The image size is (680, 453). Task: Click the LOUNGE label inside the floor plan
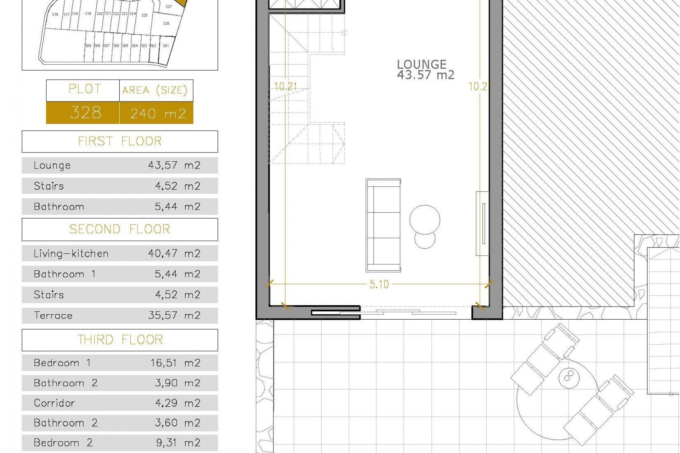[421, 64]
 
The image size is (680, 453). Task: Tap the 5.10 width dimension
[379, 284]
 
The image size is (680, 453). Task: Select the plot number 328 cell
[85, 113]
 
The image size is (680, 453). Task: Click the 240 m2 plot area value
[158, 114]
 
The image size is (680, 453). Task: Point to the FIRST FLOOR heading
[120, 141]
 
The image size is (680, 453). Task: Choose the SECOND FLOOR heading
[120, 229]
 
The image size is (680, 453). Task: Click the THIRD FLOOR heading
[120, 340]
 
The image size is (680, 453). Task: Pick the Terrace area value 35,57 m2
[174, 315]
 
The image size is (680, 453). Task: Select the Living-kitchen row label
[71, 253]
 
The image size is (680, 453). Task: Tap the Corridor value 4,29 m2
[177, 403]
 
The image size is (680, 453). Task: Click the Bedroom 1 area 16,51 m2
[175, 363]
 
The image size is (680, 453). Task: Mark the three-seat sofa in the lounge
[383, 225]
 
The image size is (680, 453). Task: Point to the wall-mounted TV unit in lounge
[482, 223]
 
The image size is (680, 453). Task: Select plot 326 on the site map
[166, 23]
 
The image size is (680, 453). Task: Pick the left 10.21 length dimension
[285, 86]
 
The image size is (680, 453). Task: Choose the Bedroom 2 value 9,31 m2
[177, 443]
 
